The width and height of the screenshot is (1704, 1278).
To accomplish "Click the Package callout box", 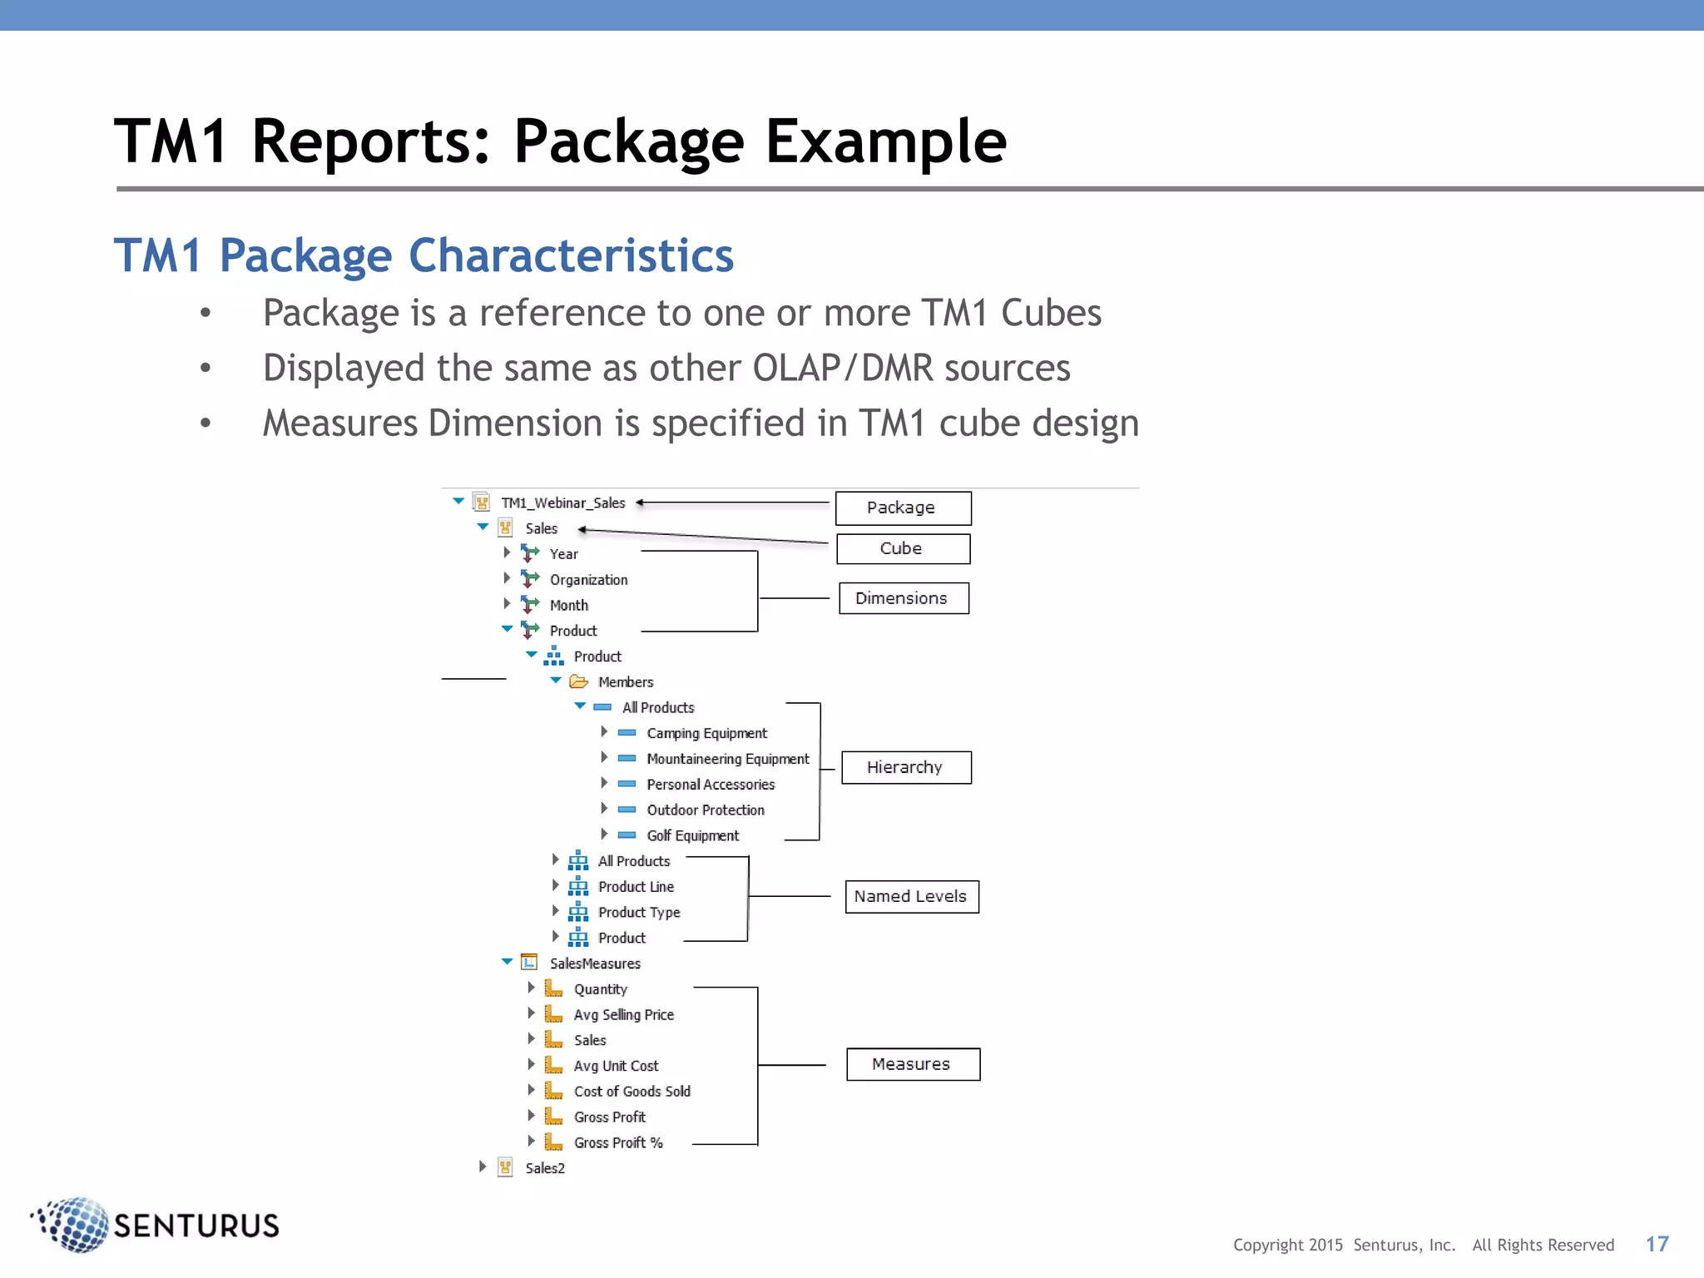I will (903, 508).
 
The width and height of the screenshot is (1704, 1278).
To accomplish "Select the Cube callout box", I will (903, 549).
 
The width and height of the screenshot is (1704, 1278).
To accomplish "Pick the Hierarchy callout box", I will (906, 767).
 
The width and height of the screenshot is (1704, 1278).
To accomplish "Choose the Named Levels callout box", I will (911, 897).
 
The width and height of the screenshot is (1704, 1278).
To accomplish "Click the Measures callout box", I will (913, 1064).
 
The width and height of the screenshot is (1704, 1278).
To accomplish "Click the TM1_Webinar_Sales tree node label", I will (562, 503).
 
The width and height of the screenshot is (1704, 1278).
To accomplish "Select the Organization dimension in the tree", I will (588, 580).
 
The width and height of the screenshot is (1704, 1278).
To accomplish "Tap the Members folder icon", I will (578, 682).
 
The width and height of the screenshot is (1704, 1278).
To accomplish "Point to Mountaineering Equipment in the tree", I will (727, 759).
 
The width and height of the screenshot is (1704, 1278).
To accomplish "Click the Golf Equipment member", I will (692, 835).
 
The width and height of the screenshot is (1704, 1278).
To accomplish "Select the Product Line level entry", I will (636, 887).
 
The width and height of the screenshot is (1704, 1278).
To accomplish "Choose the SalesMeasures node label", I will (595, 963).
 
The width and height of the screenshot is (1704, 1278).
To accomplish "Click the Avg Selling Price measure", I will (623, 1015).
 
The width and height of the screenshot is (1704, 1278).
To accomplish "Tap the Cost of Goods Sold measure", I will (632, 1092).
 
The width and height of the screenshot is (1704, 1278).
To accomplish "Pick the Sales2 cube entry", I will (544, 1168).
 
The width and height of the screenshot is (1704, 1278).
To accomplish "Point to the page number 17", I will (1657, 1244).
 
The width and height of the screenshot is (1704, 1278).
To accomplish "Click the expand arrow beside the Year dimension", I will (507, 552).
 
